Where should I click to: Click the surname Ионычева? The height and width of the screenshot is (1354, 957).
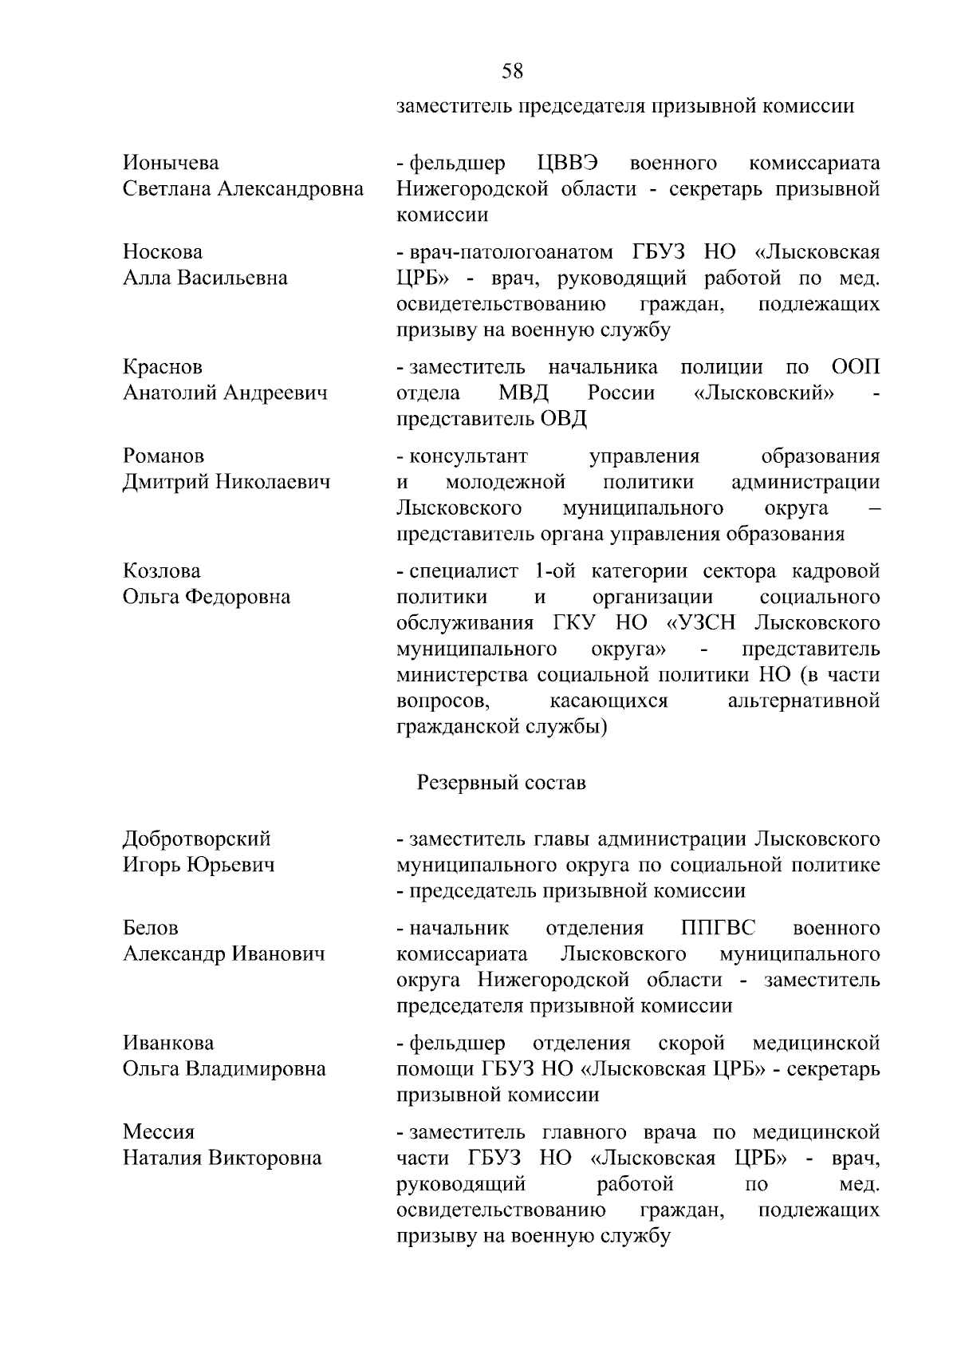pos(171,164)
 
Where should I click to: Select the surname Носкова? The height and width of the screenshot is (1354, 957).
pos(163,252)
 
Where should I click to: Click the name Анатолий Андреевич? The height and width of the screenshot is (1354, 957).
pos(225,393)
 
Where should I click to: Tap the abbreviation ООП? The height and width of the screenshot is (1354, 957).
pos(856,367)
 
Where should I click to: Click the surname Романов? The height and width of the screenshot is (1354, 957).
pos(163,456)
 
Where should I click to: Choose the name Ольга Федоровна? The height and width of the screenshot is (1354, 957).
pos(207,597)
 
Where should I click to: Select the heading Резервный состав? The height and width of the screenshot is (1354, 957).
pos(502,783)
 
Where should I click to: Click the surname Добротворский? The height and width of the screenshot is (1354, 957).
pos(197,839)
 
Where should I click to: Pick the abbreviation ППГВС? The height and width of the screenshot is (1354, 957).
pos(719,928)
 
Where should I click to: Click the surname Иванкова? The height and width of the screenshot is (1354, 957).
pos(168,1043)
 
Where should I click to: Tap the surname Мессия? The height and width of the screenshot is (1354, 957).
pos(159,1132)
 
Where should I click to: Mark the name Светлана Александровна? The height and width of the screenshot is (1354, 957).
pos(243,189)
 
